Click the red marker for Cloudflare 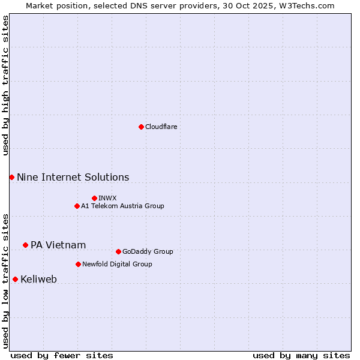pos(141,127)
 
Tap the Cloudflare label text pos(161,127)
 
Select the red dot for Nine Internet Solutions pos(11,177)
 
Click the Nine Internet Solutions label pos(73,177)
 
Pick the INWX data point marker pos(94,198)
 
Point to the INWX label pos(107,198)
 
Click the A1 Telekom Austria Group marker pos(77,206)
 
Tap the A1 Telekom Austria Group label pos(122,206)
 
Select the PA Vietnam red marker pos(25,245)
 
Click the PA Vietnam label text pos(58,245)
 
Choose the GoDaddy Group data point pos(118,251)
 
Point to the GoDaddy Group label pos(147,251)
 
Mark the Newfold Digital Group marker pos(78,264)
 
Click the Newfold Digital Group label pos(117,264)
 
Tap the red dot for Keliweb pos(15,279)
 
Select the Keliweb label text pos(38,279)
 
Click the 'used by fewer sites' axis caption pos(62,355)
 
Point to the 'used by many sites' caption pos(301,355)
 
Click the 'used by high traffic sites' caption pos(5,85)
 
